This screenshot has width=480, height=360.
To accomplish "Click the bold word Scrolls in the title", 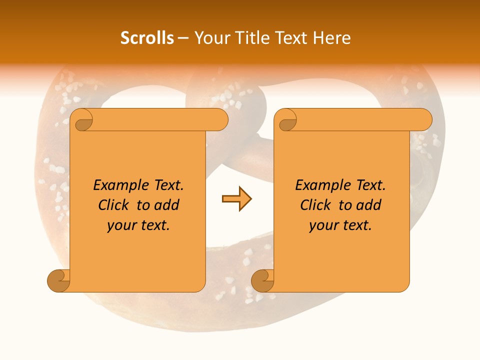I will (x=147, y=38).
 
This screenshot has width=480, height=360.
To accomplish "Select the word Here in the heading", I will (x=332, y=38).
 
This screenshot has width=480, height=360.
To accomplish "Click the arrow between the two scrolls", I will (x=236, y=199).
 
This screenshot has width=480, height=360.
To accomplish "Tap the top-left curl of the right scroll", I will (x=286, y=120).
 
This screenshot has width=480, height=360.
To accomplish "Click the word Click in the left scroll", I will (x=113, y=205).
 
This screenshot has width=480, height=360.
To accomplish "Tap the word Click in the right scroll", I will (x=315, y=205).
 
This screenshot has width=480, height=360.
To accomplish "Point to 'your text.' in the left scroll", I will (x=138, y=225).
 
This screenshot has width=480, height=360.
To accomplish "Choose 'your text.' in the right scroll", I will (x=340, y=225).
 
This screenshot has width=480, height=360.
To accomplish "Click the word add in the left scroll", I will (x=168, y=205).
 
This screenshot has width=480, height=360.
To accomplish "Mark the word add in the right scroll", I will (x=370, y=205).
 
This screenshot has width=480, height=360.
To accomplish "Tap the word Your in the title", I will (x=210, y=38).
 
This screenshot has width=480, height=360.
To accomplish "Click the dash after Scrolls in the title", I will (x=183, y=38).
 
